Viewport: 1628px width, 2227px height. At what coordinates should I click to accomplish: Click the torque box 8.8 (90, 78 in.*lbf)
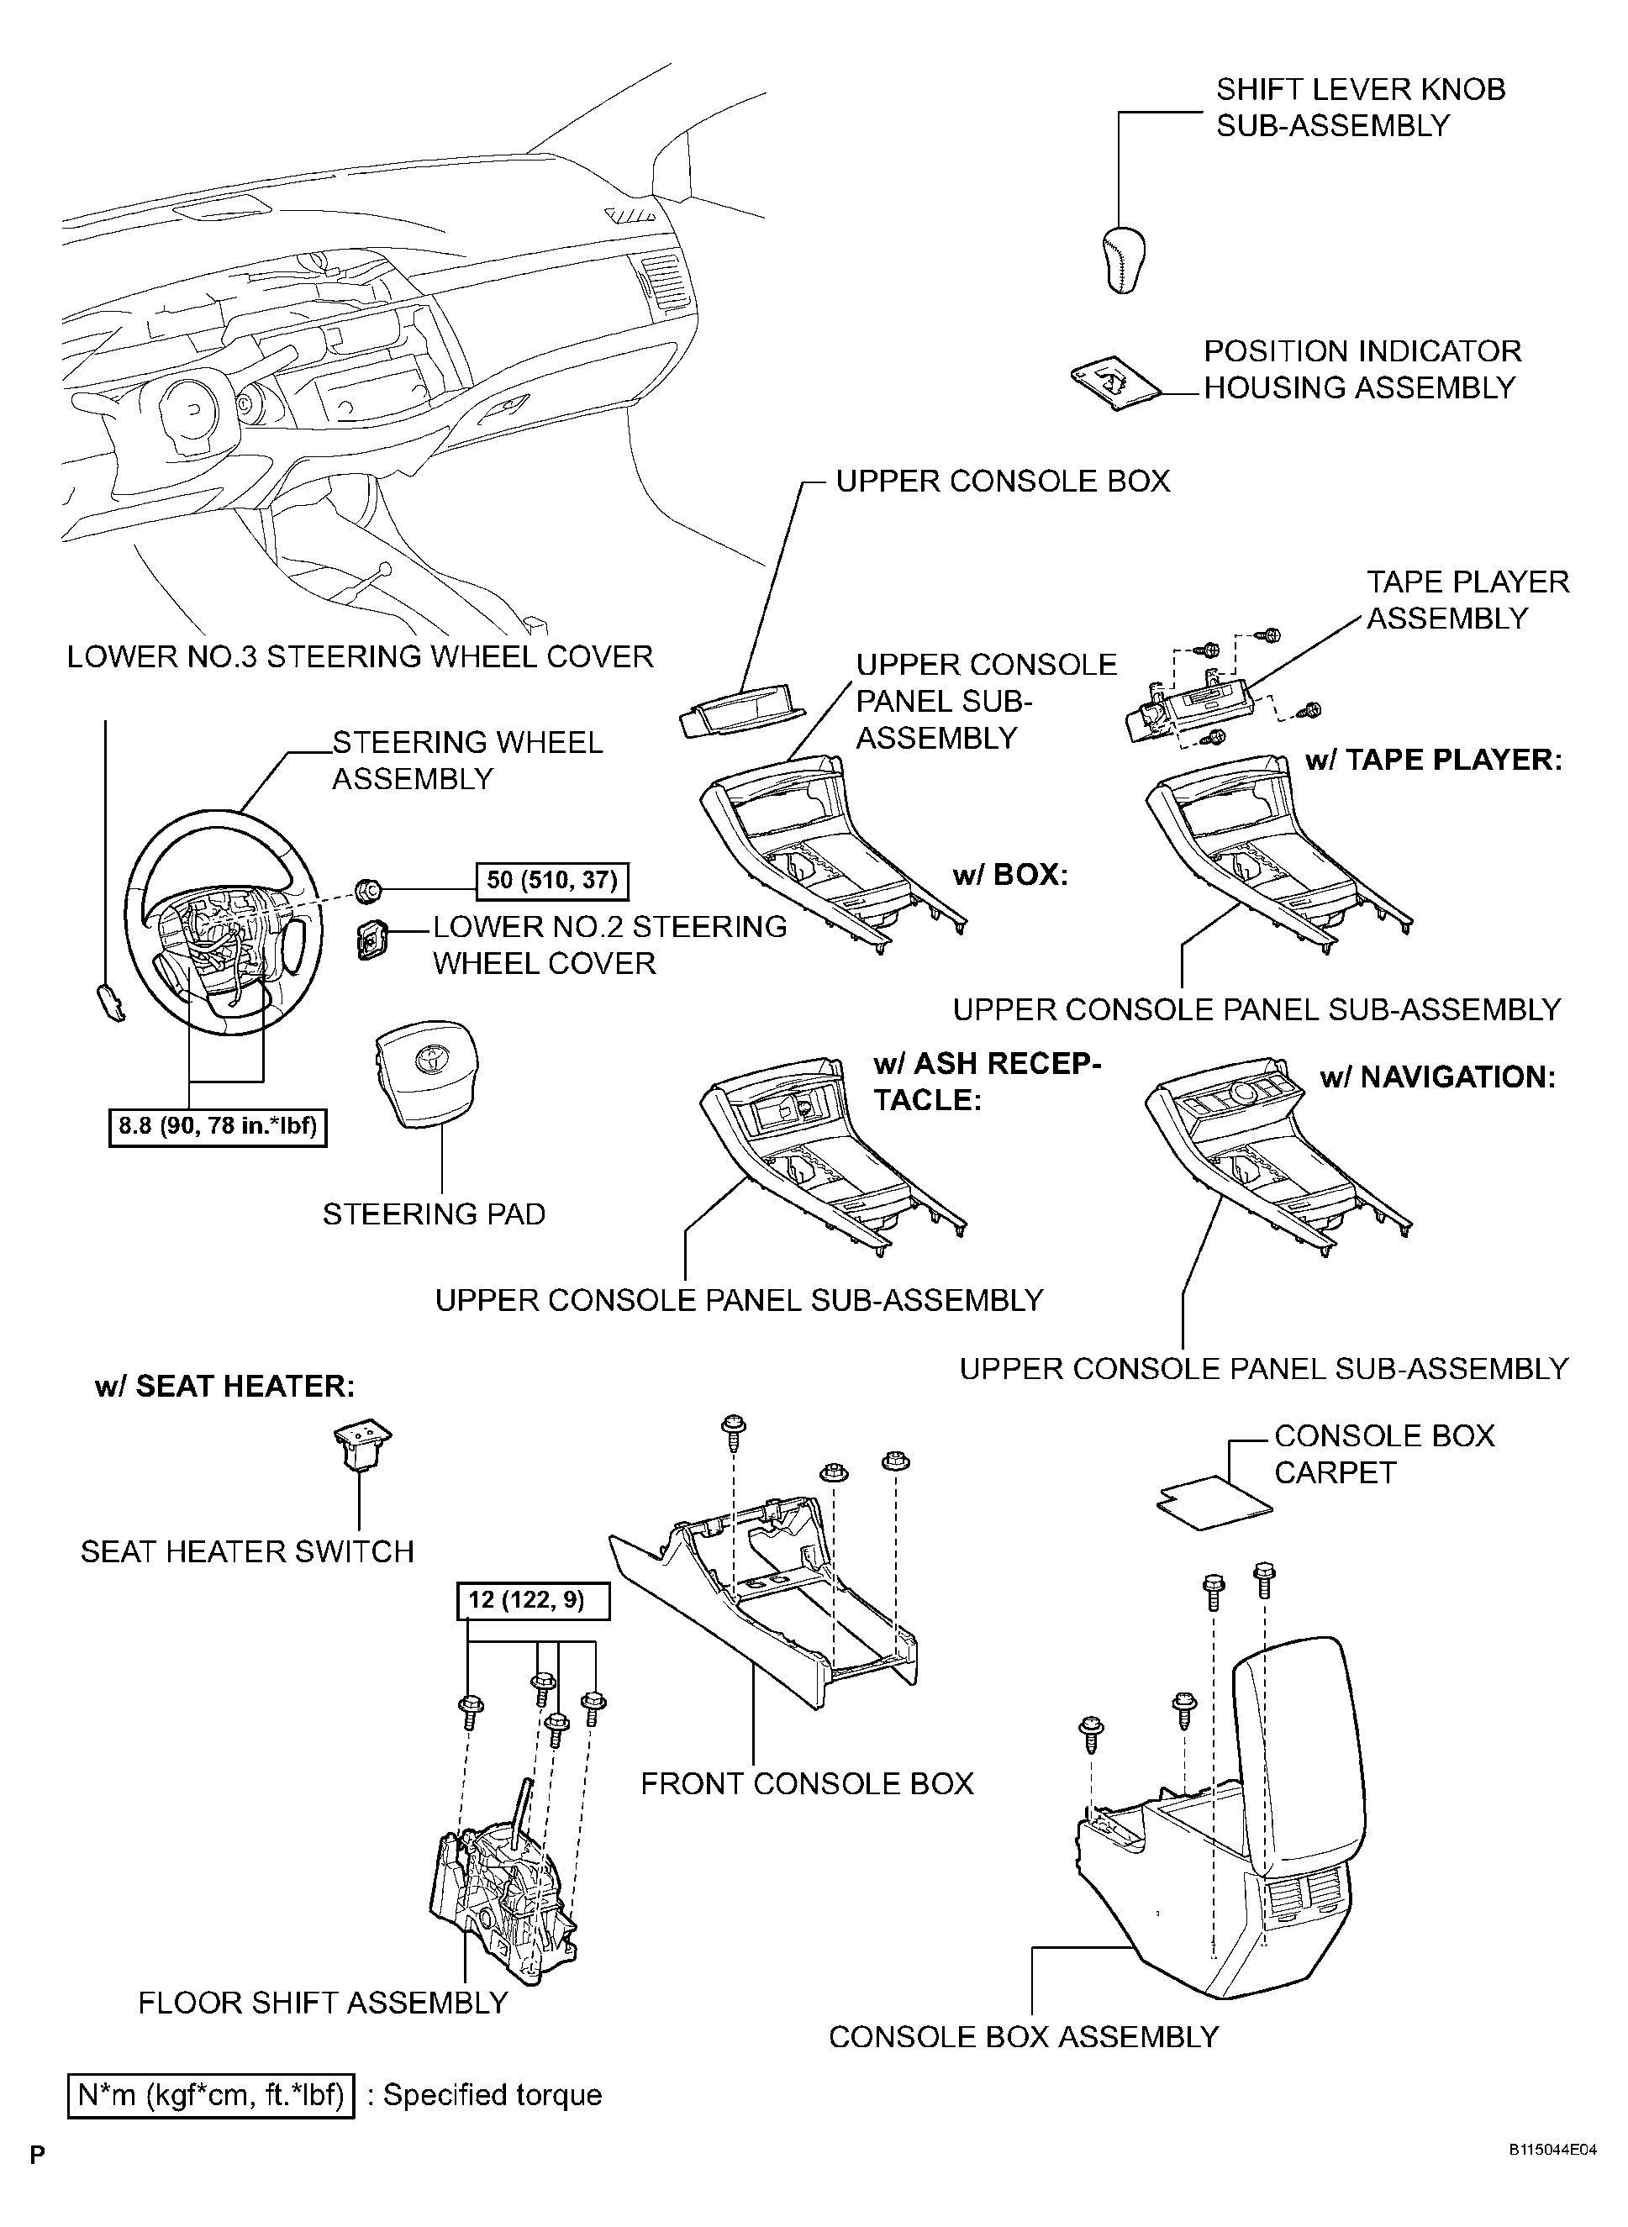point(217,1126)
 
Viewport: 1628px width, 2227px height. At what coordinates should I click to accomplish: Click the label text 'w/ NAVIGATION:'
point(1437,1077)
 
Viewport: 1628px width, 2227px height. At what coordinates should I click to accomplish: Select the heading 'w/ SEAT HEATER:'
point(224,1387)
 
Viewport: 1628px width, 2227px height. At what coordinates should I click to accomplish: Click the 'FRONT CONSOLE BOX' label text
point(806,1783)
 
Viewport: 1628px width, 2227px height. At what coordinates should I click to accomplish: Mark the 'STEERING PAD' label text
point(434,1214)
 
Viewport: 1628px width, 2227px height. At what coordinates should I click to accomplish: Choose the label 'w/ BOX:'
point(1010,875)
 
